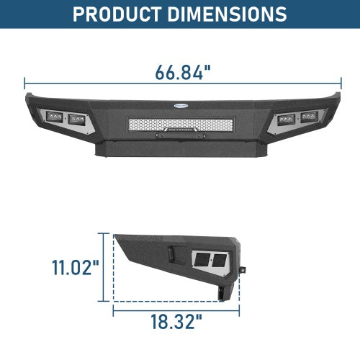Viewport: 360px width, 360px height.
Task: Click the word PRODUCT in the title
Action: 122,14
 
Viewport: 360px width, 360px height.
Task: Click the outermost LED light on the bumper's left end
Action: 54,116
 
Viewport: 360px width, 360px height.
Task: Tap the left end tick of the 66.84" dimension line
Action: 25,83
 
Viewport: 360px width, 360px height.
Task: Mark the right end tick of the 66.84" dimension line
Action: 336,83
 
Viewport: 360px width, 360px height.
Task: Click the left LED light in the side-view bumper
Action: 202,260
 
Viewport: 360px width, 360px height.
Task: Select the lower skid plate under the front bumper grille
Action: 179,150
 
